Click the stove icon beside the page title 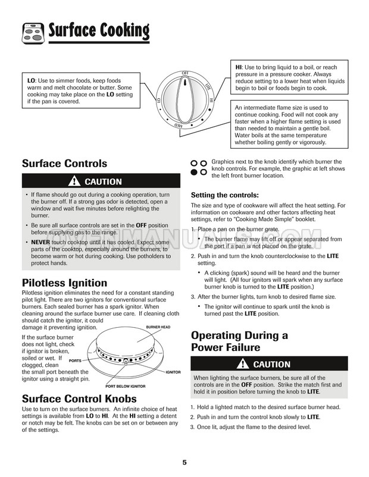pos(33,32)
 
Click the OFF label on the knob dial pos(185,73)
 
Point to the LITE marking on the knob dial pos(208,87)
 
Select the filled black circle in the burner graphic pos(193,171)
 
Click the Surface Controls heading pos(64,163)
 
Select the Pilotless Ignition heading pos(64,283)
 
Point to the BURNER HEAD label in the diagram pos(158,328)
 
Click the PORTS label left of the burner pos(75,360)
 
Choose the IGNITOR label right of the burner pos(173,372)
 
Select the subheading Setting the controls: pos(224,195)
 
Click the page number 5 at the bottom pos(185,463)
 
